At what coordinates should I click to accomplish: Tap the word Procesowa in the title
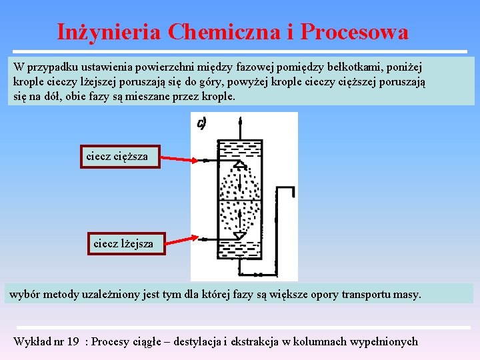click(354, 32)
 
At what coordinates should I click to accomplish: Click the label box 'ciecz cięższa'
click(121, 157)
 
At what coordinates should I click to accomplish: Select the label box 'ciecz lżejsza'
click(124, 243)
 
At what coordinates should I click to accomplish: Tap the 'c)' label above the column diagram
click(201, 123)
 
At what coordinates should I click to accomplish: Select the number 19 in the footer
click(73, 342)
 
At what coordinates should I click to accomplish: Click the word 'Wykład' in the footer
click(31, 342)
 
